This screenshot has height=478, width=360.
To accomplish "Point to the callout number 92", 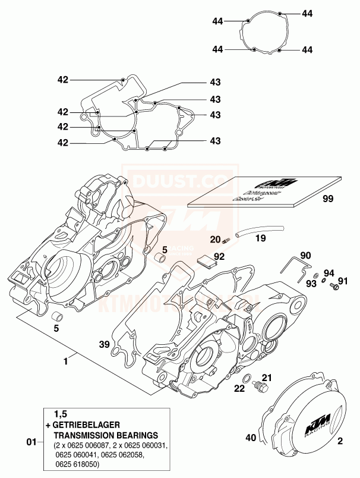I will coord(219,257).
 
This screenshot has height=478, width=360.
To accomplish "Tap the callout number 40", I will coord(251,439).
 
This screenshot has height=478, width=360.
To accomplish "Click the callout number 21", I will coord(267,376).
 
